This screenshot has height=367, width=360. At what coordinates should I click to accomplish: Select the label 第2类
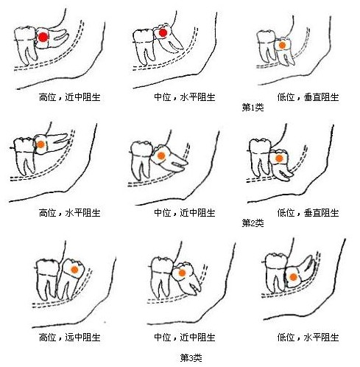click(x=253, y=223)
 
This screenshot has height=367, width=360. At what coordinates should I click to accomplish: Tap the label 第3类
click(x=191, y=357)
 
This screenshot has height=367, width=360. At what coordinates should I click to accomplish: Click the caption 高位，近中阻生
click(x=69, y=97)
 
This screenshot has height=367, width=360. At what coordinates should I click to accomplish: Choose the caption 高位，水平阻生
click(x=69, y=212)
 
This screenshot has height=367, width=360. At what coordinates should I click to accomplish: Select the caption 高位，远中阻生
click(x=69, y=337)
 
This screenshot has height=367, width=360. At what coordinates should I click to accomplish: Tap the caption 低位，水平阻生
click(x=308, y=337)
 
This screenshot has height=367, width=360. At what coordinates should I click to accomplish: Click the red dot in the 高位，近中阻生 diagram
click(x=43, y=37)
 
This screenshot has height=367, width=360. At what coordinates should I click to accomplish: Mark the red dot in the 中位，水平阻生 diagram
click(x=163, y=33)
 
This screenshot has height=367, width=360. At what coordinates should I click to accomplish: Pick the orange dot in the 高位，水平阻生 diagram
click(x=42, y=145)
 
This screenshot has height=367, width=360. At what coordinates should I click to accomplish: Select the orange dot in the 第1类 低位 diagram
click(x=281, y=46)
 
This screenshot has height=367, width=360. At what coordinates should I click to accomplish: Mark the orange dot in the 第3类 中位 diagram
click(x=179, y=272)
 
